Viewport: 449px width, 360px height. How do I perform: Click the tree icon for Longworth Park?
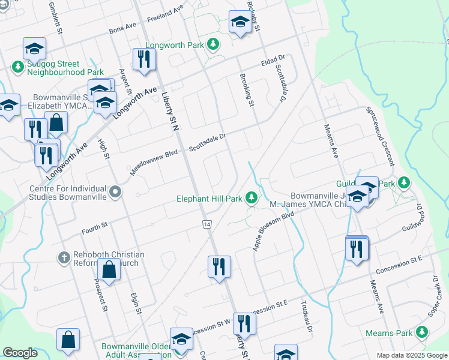(212, 44)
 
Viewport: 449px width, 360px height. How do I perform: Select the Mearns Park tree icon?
(422, 332)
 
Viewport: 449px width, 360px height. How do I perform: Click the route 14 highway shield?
(206, 223)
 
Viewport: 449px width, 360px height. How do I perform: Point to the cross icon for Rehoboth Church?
(64, 258)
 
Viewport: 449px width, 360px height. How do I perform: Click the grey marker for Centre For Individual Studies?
(116, 193)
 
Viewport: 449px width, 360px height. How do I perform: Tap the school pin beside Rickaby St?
(240, 23)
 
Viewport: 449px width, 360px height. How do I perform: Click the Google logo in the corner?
(20, 353)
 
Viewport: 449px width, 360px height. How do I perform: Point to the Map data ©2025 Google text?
(411, 355)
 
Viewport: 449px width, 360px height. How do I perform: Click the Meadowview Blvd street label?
(155, 163)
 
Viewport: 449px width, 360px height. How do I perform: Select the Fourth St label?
(94, 226)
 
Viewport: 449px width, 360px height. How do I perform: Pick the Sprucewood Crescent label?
(382, 137)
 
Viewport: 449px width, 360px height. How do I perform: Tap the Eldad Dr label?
(271, 61)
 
